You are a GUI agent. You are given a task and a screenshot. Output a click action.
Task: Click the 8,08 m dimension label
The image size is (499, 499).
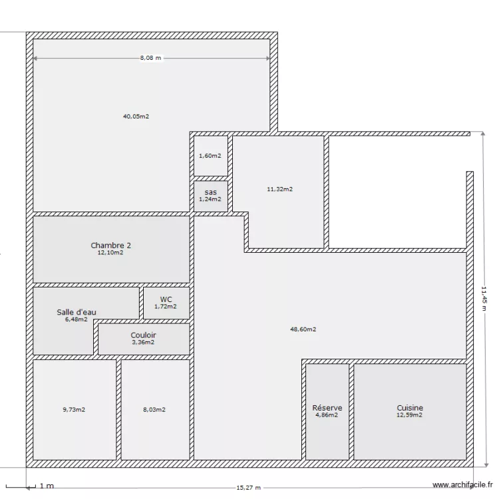point(150,58)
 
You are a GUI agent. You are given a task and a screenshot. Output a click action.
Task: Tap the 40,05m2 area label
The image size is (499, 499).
point(136,116)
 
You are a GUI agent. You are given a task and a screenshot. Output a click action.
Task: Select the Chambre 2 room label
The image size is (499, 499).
point(111,246)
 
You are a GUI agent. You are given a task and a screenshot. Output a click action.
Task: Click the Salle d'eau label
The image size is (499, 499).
point(77,311)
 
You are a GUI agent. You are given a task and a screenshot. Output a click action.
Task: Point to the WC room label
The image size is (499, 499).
point(166,299)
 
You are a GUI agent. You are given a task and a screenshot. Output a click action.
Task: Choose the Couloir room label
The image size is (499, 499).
point(143,335)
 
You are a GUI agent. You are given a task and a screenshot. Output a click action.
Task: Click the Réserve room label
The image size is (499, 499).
point(327,408)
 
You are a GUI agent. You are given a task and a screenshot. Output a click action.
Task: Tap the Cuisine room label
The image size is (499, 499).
point(410,408)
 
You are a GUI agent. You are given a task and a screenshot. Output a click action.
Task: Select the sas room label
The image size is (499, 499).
point(210,192)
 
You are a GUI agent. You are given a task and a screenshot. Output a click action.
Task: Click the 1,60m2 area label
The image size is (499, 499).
point(210,156)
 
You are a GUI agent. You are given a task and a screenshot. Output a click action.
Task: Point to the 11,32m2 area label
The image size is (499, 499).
point(279,189)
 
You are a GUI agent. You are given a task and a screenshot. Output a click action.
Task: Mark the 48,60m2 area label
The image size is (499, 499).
point(303,329)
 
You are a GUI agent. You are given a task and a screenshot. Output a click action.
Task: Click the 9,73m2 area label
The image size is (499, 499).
point(74,410)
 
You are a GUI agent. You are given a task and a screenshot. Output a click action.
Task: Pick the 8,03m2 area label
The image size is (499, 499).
point(155,410)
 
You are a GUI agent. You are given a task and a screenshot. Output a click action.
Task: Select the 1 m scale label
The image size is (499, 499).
point(47,486)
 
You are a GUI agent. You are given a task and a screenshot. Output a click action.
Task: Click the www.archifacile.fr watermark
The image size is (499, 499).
point(462,486)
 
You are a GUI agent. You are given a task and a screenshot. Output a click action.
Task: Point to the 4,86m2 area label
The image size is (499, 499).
point(327,415)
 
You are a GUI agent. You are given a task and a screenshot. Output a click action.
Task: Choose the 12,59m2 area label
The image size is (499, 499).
point(410,415)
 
